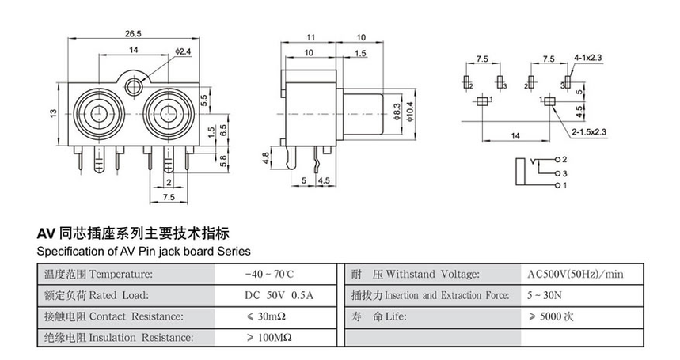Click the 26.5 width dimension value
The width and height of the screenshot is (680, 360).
[133, 35]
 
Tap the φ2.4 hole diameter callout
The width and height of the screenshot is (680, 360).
[183, 51]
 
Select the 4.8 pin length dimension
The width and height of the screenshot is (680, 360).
[265, 157]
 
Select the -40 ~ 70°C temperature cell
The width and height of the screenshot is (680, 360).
[269, 275]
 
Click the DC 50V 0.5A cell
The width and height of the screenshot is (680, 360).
[279, 296]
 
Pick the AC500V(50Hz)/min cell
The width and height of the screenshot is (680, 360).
[576, 275]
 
